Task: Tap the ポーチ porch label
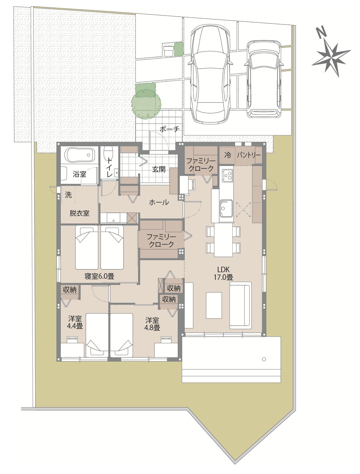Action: coord(169,129)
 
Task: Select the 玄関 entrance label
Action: coord(159,169)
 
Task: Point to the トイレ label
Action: coord(109,167)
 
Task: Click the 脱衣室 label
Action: coord(79,213)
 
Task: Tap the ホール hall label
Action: coord(159,203)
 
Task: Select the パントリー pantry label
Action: coord(249,155)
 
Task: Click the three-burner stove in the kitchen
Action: coord(227,175)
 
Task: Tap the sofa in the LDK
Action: coord(241,305)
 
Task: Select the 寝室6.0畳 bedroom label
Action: coord(99,276)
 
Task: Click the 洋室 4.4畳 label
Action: coord(75,322)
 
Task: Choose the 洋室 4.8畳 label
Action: coord(152,324)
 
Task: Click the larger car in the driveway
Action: coord(211,74)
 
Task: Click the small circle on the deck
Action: coord(264,359)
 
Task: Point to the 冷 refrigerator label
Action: coord(227,155)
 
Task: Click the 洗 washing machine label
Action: coord(68,195)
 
